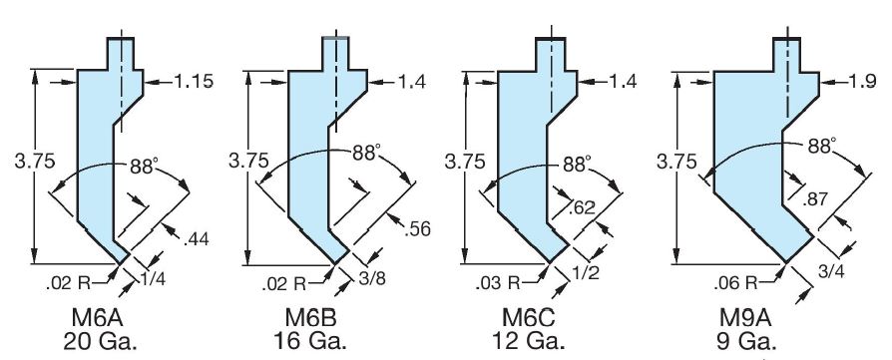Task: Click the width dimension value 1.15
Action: [x=194, y=82]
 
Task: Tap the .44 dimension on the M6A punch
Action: [x=197, y=239]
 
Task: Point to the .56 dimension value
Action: [x=417, y=228]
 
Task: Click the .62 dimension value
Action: [x=582, y=207]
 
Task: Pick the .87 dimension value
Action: [x=815, y=197]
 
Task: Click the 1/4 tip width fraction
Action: [x=153, y=279]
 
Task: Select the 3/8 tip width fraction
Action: [x=372, y=279]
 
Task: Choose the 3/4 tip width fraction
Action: [x=831, y=271]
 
